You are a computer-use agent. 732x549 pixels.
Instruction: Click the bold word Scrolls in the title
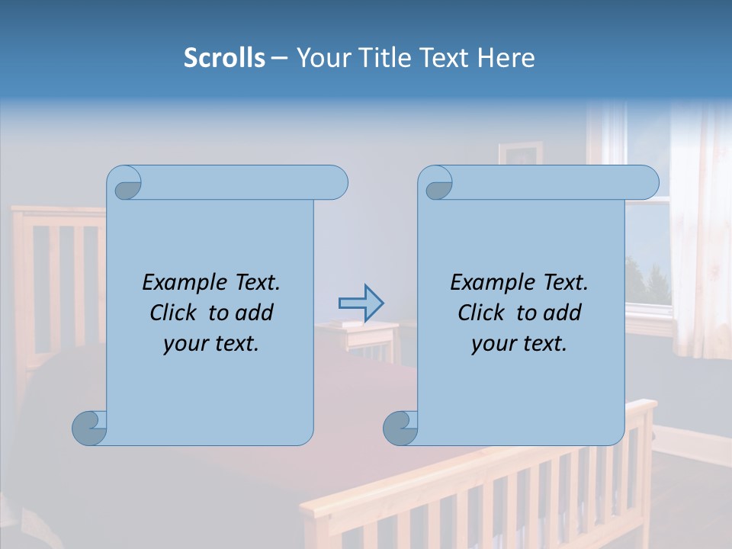(x=224, y=58)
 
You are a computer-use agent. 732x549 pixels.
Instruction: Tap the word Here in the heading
(x=506, y=58)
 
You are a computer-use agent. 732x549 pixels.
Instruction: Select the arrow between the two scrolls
(x=361, y=303)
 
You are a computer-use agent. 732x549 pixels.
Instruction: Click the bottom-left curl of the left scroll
(x=89, y=429)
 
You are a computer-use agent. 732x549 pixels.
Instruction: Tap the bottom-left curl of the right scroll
(x=400, y=429)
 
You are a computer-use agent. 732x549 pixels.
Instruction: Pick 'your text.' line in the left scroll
(x=211, y=343)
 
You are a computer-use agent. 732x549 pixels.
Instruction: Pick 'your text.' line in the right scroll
(x=519, y=343)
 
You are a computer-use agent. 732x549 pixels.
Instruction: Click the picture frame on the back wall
(x=520, y=152)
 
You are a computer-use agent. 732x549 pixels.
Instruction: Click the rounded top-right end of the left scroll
(x=335, y=182)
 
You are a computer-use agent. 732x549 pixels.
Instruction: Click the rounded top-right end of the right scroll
(x=647, y=182)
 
